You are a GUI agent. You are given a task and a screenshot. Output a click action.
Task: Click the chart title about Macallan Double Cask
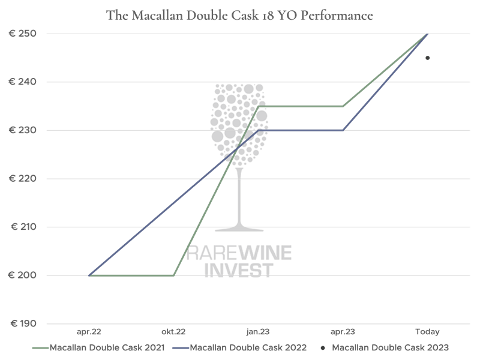click(x=239, y=16)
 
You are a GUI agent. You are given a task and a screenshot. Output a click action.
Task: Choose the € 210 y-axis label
click(x=23, y=227)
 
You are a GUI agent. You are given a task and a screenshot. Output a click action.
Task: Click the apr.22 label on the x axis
click(x=89, y=331)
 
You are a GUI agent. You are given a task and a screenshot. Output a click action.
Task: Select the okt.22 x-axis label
click(x=173, y=331)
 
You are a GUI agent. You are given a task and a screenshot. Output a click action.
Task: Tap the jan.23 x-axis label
click(x=258, y=331)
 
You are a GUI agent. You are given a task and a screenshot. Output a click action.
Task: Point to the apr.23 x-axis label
click(x=343, y=331)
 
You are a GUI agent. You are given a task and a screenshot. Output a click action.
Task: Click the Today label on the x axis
click(x=427, y=331)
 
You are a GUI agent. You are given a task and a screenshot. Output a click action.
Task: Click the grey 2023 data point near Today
click(x=427, y=58)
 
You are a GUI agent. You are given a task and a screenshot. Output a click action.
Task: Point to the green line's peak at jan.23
click(x=258, y=106)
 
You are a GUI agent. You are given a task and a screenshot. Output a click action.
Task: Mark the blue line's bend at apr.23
click(x=343, y=130)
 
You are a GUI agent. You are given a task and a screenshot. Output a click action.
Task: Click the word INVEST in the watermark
click(x=239, y=269)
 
